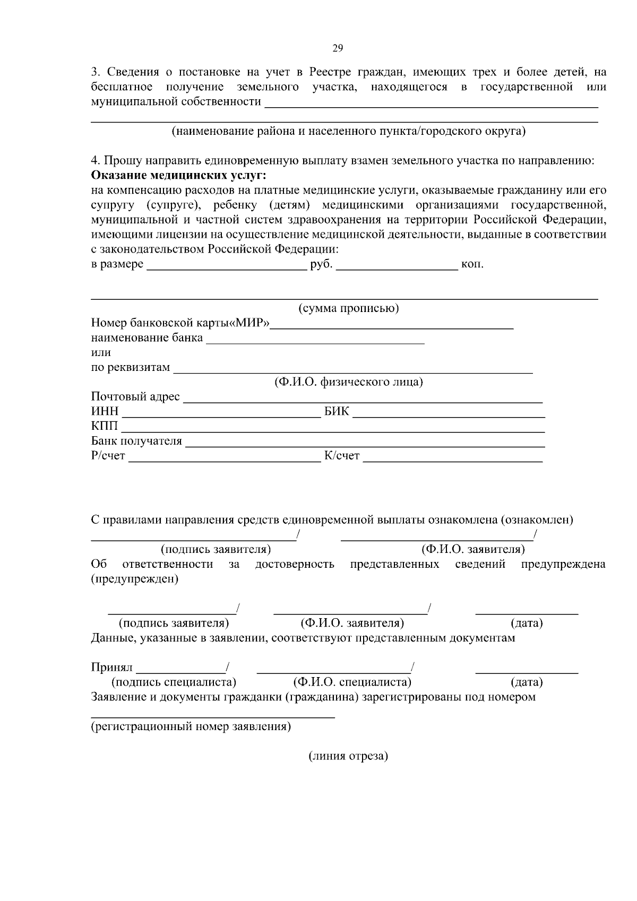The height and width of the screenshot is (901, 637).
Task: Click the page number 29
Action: click(x=338, y=49)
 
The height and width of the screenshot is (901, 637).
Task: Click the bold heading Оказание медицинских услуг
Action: click(x=179, y=175)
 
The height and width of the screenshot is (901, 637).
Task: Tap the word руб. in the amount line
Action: click(x=321, y=264)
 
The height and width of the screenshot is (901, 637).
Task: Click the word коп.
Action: click(x=472, y=264)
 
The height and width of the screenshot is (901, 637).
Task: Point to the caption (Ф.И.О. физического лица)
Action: click(x=348, y=382)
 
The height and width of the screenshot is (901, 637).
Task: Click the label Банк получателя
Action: click(x=136, y=441)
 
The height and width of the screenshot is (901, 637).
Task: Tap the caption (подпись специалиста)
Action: click(x=174, y=682)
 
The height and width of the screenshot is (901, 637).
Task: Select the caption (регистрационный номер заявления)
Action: click(x=191, y=726)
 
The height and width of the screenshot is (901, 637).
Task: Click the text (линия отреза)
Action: click(x=348, y=756)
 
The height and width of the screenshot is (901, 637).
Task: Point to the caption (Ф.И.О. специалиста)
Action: click(x=352, y=682)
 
